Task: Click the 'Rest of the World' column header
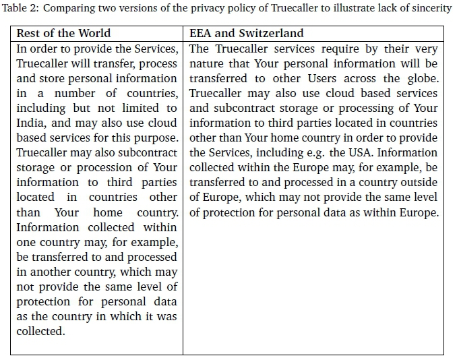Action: (63, 33)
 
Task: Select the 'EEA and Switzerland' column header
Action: (247, 33)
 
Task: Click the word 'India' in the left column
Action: (30, 123)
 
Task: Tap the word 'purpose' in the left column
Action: (156, 138)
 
